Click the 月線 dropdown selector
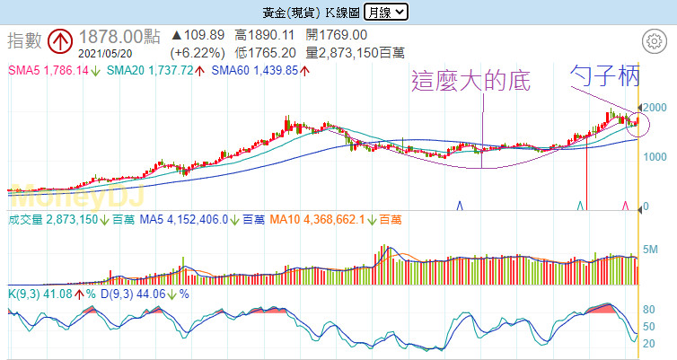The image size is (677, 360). tap(386, 12)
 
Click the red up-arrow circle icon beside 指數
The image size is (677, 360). tap(60, 40)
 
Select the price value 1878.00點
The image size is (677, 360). tap(119, 37)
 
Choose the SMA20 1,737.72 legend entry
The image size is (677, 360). tap(154, 69)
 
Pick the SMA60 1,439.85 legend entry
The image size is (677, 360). tap(255, 69)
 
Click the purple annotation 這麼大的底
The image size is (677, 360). tap(470, 82)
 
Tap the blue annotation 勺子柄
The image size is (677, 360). tap(605, 77)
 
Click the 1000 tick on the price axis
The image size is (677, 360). tap(656, 158)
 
